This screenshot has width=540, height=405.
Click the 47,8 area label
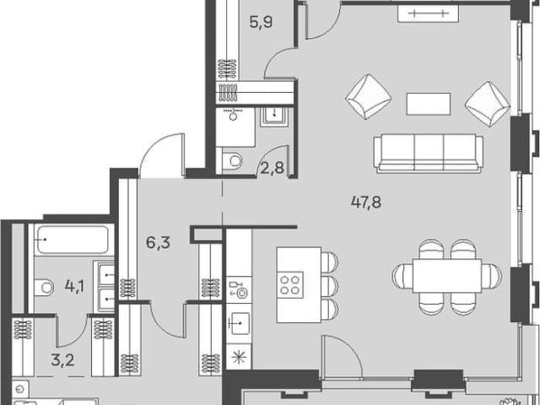[366, 202]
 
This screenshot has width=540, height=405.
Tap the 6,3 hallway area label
[158, 243]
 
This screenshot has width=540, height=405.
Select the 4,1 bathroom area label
[75, 286]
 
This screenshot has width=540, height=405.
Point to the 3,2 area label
[62, 360]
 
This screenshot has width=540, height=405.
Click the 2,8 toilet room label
[272, 169]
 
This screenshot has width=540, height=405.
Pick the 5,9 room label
[261, 23]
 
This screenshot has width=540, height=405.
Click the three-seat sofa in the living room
[429, 153]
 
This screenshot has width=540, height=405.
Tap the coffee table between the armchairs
[429, 104]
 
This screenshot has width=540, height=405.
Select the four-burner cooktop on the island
[289, 285]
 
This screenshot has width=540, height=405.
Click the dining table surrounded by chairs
[447, 276]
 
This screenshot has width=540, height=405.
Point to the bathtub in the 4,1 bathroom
[73, 240]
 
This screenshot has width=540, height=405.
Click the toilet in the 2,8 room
[233, 160]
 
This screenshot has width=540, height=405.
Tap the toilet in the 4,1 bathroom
[44, 287]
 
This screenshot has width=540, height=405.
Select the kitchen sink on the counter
[239, 323]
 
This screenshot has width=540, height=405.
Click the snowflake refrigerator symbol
[239, 357]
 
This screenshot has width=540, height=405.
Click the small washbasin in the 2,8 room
[274, 116]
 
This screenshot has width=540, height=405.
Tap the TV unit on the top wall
[428, 13]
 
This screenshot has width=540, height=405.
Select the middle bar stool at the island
[330, 285]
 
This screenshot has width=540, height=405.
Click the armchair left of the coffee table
[368, 97]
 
